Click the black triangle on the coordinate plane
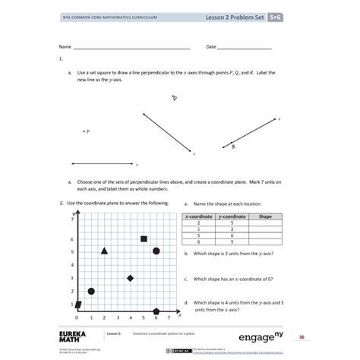[104, 251]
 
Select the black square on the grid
[144, 239]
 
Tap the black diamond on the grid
[131, 279]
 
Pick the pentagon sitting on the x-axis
[156, 311]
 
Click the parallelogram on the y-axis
[78, 305]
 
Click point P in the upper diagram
[84, 131]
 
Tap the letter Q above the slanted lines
[174, 98]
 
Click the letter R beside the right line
[233, 147]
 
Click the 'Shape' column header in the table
[265, 216]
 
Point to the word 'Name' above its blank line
[65, 46]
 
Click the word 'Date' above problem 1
[211, 46]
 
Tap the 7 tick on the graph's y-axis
[72, 219]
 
